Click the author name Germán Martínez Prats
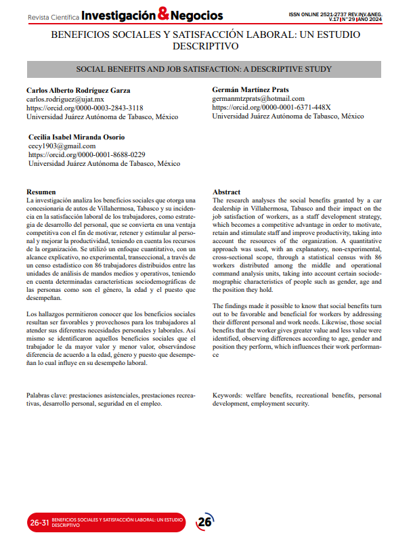point(251,90)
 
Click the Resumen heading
point(41,192)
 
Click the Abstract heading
point(227,192)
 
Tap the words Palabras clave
point(47,394)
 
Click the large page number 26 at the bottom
point(204,522)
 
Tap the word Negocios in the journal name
point(200,14)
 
